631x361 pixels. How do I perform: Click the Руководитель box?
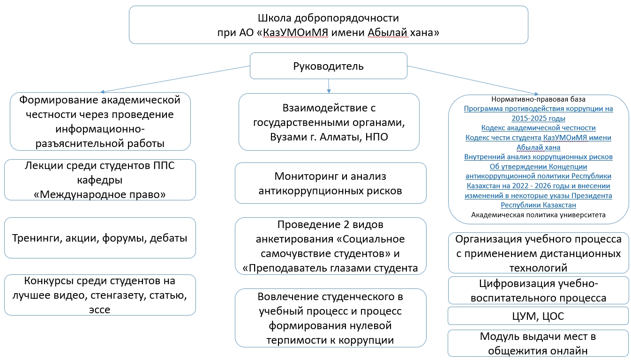[x=329, y=66]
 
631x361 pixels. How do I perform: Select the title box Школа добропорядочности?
[x=329, y=25]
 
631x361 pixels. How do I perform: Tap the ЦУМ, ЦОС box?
[x=538, y=316]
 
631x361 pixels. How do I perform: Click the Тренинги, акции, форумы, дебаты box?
[x=100, y=238]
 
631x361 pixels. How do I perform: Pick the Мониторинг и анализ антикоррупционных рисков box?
[x=331, y=183]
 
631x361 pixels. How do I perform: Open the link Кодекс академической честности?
[x=538, y=128]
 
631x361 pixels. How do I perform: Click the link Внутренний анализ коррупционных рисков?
[x=538, y=157]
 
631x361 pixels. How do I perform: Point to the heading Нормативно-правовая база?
[x=538, y=99]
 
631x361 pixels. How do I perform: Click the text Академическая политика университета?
[x=538, y=215]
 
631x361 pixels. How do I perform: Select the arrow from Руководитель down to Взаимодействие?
[x=329, y=86]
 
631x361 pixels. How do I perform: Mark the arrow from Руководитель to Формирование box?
[x=175, y=79]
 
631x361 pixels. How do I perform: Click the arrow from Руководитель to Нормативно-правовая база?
[x=473, y=80]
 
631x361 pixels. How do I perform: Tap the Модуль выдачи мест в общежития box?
[x=538, y=343]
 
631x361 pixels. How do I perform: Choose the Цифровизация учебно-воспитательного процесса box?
[x=538, y=290]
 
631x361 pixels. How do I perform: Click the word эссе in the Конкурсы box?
[x=99, y=309]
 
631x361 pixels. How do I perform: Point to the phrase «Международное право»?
[x=100, y=194]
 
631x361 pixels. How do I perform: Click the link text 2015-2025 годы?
[x=538, y=118]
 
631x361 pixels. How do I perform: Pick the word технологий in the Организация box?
[x=538, y=268]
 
